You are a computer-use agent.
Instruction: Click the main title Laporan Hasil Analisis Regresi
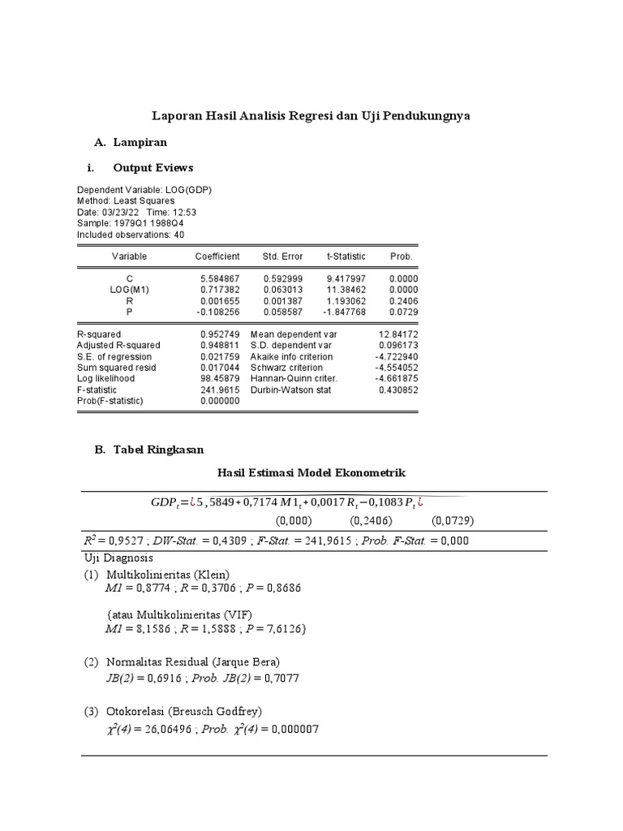[x=312, y=116]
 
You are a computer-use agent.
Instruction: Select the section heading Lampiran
[x=140, y=142]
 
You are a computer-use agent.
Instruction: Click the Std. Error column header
[x=282, y=256]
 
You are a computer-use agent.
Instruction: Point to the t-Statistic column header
[x=346, y=256]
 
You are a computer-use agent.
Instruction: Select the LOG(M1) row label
[x=130, y=290]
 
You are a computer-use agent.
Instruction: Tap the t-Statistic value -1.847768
[x=346, y=312]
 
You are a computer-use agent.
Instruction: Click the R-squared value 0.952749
[x=221, y=334]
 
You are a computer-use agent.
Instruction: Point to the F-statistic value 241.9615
[x=221, y=390]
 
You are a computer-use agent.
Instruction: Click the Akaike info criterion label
[x=292, y=356]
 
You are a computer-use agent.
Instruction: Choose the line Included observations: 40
[x=131, y=235]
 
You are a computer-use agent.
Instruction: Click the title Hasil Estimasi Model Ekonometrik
[x=311, y=472]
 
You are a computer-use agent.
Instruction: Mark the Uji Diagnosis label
[x=118, y=558]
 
